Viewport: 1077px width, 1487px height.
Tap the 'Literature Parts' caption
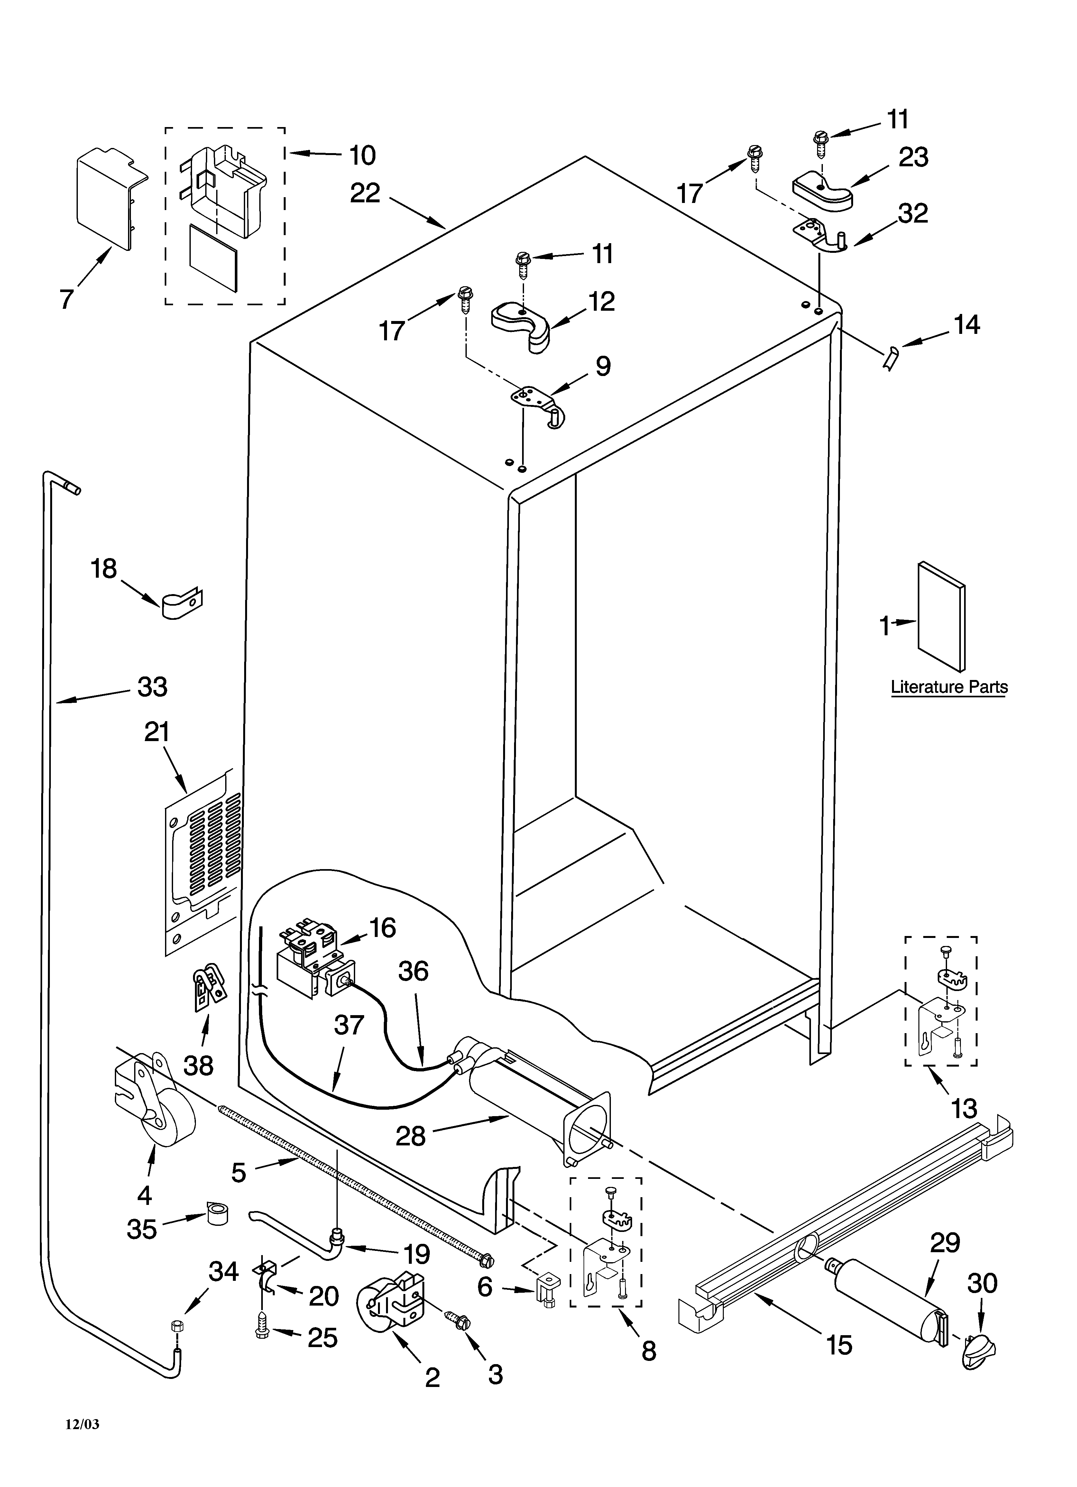(x=948, y=687)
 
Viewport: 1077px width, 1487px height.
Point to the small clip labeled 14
(x=891, y=360)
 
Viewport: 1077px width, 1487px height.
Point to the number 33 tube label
(x=152, y=687)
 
